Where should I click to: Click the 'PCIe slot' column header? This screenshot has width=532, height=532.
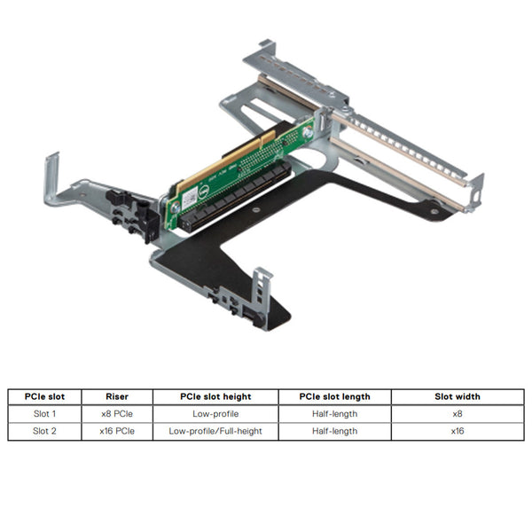pyautogui.click(x=45, y=396)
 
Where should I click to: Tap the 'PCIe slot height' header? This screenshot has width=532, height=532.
pyautogui.click(x=215, y=396)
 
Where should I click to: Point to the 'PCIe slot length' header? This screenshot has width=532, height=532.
pyautogui.click(x=334, y=396)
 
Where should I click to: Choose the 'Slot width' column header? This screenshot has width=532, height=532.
pyautogui.click(x=458, y=396)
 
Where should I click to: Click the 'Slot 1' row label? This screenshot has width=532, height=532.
pyautogui.click(x=45, y=413)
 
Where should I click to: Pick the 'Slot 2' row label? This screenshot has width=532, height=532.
pyautogui.click(x=45, y=431)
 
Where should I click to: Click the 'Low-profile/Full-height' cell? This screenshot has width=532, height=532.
pyautogui.click(x=215, y=431)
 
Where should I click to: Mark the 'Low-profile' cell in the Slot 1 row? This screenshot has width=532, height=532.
pyautogui.click(x=215, y=413)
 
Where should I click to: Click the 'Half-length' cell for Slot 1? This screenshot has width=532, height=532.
pyautogui.click(x=334, y=413)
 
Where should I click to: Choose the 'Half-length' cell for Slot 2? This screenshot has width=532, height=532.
pyautogui.click(x=334, y=431)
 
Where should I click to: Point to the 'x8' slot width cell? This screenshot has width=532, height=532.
pyautogui.click(x=458, y=413)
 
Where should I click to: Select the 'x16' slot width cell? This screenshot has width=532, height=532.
pyautogui.click(x=458, y=431)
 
